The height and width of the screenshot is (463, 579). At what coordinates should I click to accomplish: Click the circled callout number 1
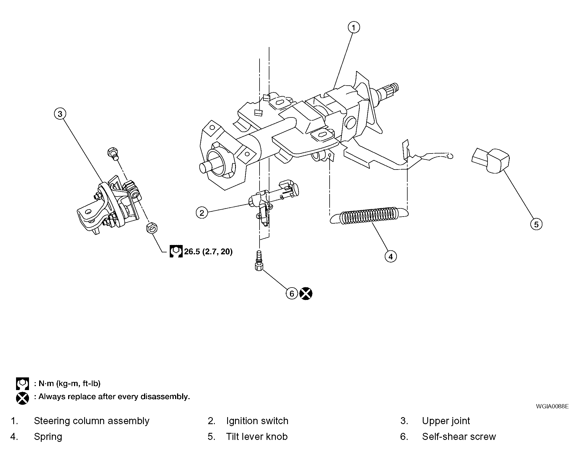tap(354, 28)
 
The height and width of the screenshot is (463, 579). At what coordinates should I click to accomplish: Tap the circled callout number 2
tap(202, 213)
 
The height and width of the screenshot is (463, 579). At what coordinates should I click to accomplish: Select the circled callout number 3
tap(60, 114)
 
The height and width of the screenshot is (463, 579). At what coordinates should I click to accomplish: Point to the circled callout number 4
tap(391, 256)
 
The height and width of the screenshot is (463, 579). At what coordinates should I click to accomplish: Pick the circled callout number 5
tap(536, 224)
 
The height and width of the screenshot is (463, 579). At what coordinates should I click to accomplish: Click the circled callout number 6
tap(292, 294)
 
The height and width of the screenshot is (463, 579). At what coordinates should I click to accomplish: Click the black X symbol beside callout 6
tap(306, 294)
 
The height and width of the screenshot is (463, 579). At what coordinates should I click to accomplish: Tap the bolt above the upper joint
tap(112, 154)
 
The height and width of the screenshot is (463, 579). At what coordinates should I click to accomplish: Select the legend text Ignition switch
tap(257, 421)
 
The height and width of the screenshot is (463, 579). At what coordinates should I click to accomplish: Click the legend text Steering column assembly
tap(91, 421)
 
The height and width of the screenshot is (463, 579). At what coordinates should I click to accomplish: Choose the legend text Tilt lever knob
tap(257, 437)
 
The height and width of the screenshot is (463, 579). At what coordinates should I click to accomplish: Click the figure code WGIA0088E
tap(552, 406)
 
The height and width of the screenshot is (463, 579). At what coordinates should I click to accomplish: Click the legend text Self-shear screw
tap(459, 437)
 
